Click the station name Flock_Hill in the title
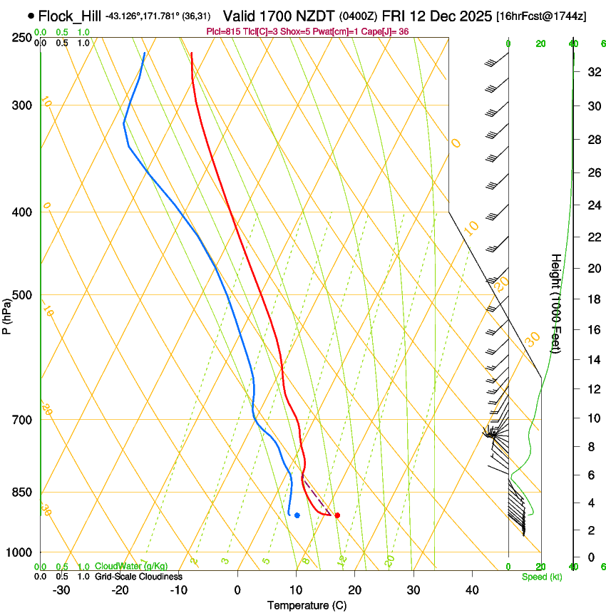[x=70, y=16]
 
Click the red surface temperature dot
[x=337, y=515]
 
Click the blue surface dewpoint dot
[x=297, y=515]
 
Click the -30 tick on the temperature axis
[x=61, y=590]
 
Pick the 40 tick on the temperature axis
[x=472, y=590]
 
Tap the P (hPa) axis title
[x=7, y=314]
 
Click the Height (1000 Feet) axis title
[x=556, y=303]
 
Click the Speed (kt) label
[x=542, y=577]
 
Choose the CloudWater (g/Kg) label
[x=132, y=567]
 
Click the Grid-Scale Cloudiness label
[x=138, y=577]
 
